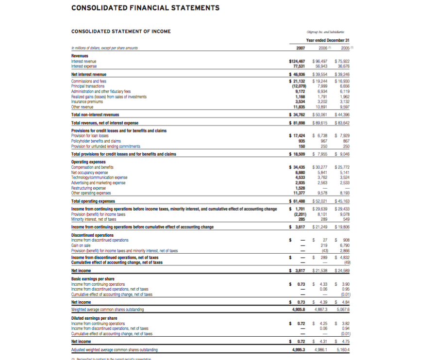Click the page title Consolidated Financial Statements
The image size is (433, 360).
click(x=145, y=8)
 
